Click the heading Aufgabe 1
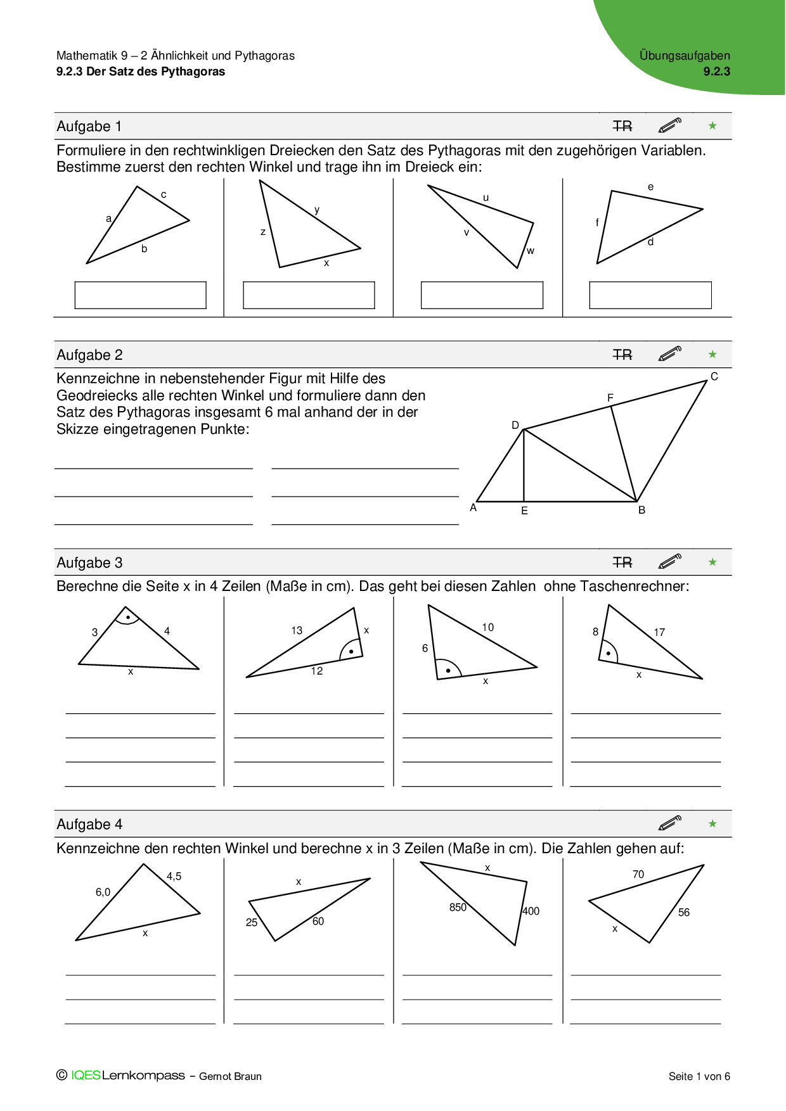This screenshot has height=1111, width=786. point(89,127)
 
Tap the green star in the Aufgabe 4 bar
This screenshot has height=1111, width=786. point(712,823)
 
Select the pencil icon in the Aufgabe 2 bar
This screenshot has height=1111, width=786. point(670,353)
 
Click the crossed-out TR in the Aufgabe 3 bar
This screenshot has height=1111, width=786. point(622,562)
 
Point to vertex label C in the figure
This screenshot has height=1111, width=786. point(714,376)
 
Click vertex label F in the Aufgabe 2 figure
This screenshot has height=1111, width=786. point(610,398)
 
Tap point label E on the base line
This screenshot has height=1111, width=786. point(524,511)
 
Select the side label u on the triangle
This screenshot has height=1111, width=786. point(486,198)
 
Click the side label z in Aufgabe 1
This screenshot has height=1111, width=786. point(263,232)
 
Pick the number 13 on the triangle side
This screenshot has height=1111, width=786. point(297,630)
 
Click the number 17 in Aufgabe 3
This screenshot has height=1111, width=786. point(659,632)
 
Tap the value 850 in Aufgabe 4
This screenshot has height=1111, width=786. point(458,907)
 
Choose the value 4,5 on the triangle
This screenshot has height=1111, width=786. point(174,876)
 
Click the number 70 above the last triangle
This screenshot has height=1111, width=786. point(638,874)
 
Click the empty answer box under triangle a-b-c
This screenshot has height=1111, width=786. point(140,295)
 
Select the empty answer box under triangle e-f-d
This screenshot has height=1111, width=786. point(650,295)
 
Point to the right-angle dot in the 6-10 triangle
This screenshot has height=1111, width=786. point(448,670)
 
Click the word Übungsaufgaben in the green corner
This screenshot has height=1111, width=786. point(685,56)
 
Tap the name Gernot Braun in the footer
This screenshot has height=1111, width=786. point(230,1076)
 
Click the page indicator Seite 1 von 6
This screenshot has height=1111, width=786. point(699,1076)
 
